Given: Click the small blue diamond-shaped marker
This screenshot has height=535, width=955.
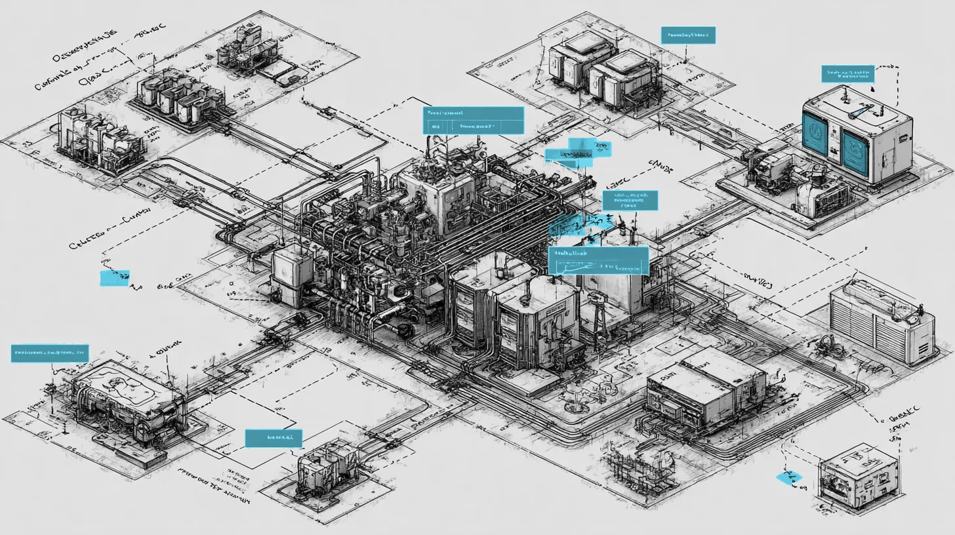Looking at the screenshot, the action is [x=788, y=478].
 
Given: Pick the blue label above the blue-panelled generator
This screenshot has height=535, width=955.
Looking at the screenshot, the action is [x=847, y=73].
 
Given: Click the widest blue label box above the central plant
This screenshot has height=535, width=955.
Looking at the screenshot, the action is [x=474, y=121].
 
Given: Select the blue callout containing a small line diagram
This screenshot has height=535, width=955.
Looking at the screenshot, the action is [x=598, y=261].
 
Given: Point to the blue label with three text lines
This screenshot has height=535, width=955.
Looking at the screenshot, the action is [x=630, y=200].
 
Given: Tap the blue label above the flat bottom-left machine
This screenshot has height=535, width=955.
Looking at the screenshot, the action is [x=50, y=353].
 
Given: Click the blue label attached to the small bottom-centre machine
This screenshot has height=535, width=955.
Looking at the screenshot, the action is [x=274, y=438].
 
